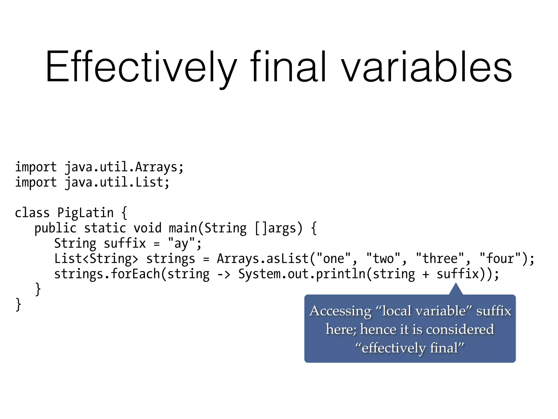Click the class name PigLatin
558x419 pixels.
(x=85, y=213)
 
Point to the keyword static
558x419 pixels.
(x=105, y=228)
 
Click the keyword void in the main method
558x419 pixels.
(x=147, y=228)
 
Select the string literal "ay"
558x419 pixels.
(x=181, y=243)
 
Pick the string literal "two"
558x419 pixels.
(x=383, y=259)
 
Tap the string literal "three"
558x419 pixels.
(x=440, y=259)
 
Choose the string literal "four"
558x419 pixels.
(x=500, y=259)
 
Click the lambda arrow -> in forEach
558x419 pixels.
(x=224, y=274)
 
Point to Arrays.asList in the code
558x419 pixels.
(x=262, y=259)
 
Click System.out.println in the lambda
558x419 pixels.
(x=302, y=274)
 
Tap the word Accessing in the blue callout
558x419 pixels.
(x=340, y=311)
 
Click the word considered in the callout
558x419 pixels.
(x=460, y=330)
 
